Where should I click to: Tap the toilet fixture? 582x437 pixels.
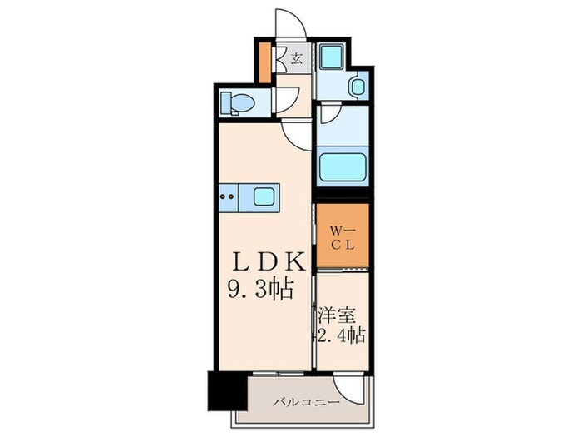coord(237,102)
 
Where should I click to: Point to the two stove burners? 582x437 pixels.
coord(227,197)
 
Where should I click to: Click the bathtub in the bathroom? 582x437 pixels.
coord(342,166)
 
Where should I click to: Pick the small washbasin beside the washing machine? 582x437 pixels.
coord(357,86)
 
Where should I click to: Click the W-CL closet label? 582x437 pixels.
coord(341,238)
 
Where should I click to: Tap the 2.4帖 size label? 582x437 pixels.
coord(341,337)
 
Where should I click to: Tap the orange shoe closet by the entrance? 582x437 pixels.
coord(266,63)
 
